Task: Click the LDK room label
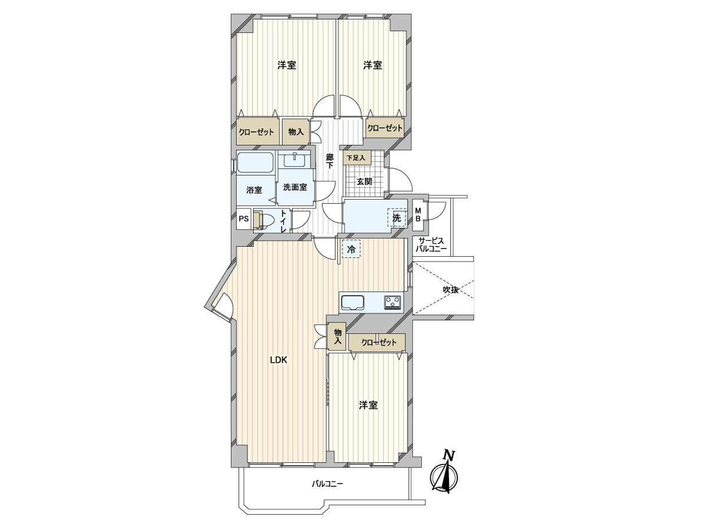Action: point(278,361)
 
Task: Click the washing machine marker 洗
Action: point(397,218)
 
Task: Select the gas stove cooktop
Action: point(393,303)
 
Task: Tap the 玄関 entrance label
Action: point(364,181)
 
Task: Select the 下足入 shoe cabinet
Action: point(355,158)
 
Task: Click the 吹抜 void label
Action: point(451,289)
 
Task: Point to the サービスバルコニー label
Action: point(431,245)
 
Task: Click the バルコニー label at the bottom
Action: point(327,484)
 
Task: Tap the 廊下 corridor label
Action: point(329,161)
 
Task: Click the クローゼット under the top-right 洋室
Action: point(384,128)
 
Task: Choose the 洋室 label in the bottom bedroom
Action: point(368,405)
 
